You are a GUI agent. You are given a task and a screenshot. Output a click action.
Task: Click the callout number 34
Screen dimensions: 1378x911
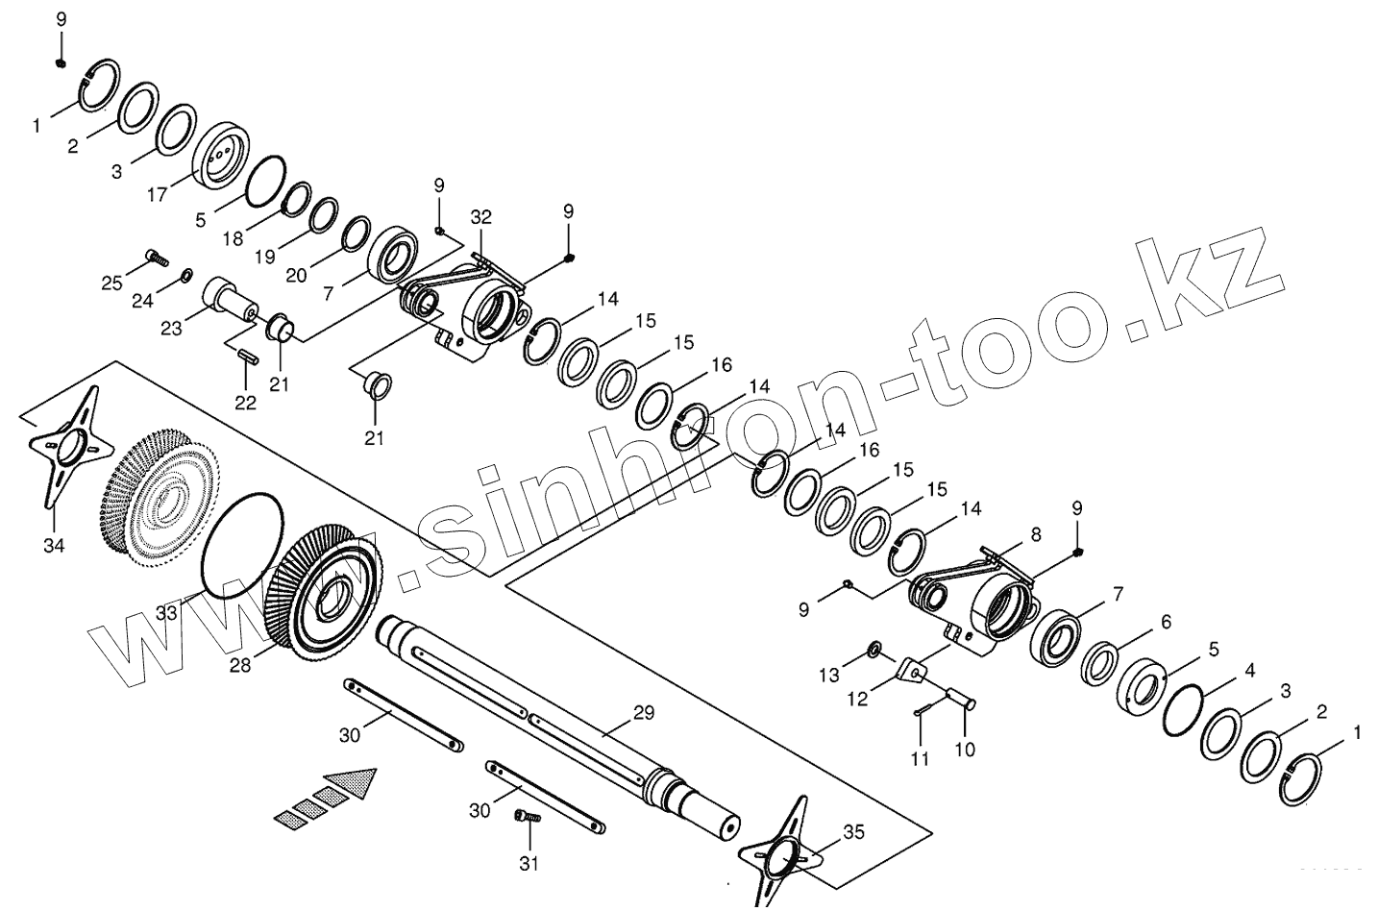tap(54, 547)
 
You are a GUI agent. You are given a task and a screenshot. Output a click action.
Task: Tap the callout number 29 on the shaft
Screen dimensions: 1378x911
tap(643, 712)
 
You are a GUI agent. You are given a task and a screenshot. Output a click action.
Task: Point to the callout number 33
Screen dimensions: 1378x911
tap(167, 612)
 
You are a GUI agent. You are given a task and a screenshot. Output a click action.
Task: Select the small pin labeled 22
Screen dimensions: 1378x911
tap(247, 355)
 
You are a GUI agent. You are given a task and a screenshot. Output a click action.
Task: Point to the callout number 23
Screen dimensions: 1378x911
tap(171, 329)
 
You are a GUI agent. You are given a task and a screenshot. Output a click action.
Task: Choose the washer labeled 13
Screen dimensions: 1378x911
tap(875, 651)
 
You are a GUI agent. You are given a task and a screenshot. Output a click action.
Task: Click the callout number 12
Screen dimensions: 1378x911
tap(857, 699)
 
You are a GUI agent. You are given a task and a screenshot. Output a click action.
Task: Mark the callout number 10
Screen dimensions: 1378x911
tap(966, 749)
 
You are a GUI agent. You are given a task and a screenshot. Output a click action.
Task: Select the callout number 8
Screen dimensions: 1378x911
tap(1036, 533)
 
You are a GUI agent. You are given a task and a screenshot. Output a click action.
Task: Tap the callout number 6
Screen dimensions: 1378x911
tap(1166, 622)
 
